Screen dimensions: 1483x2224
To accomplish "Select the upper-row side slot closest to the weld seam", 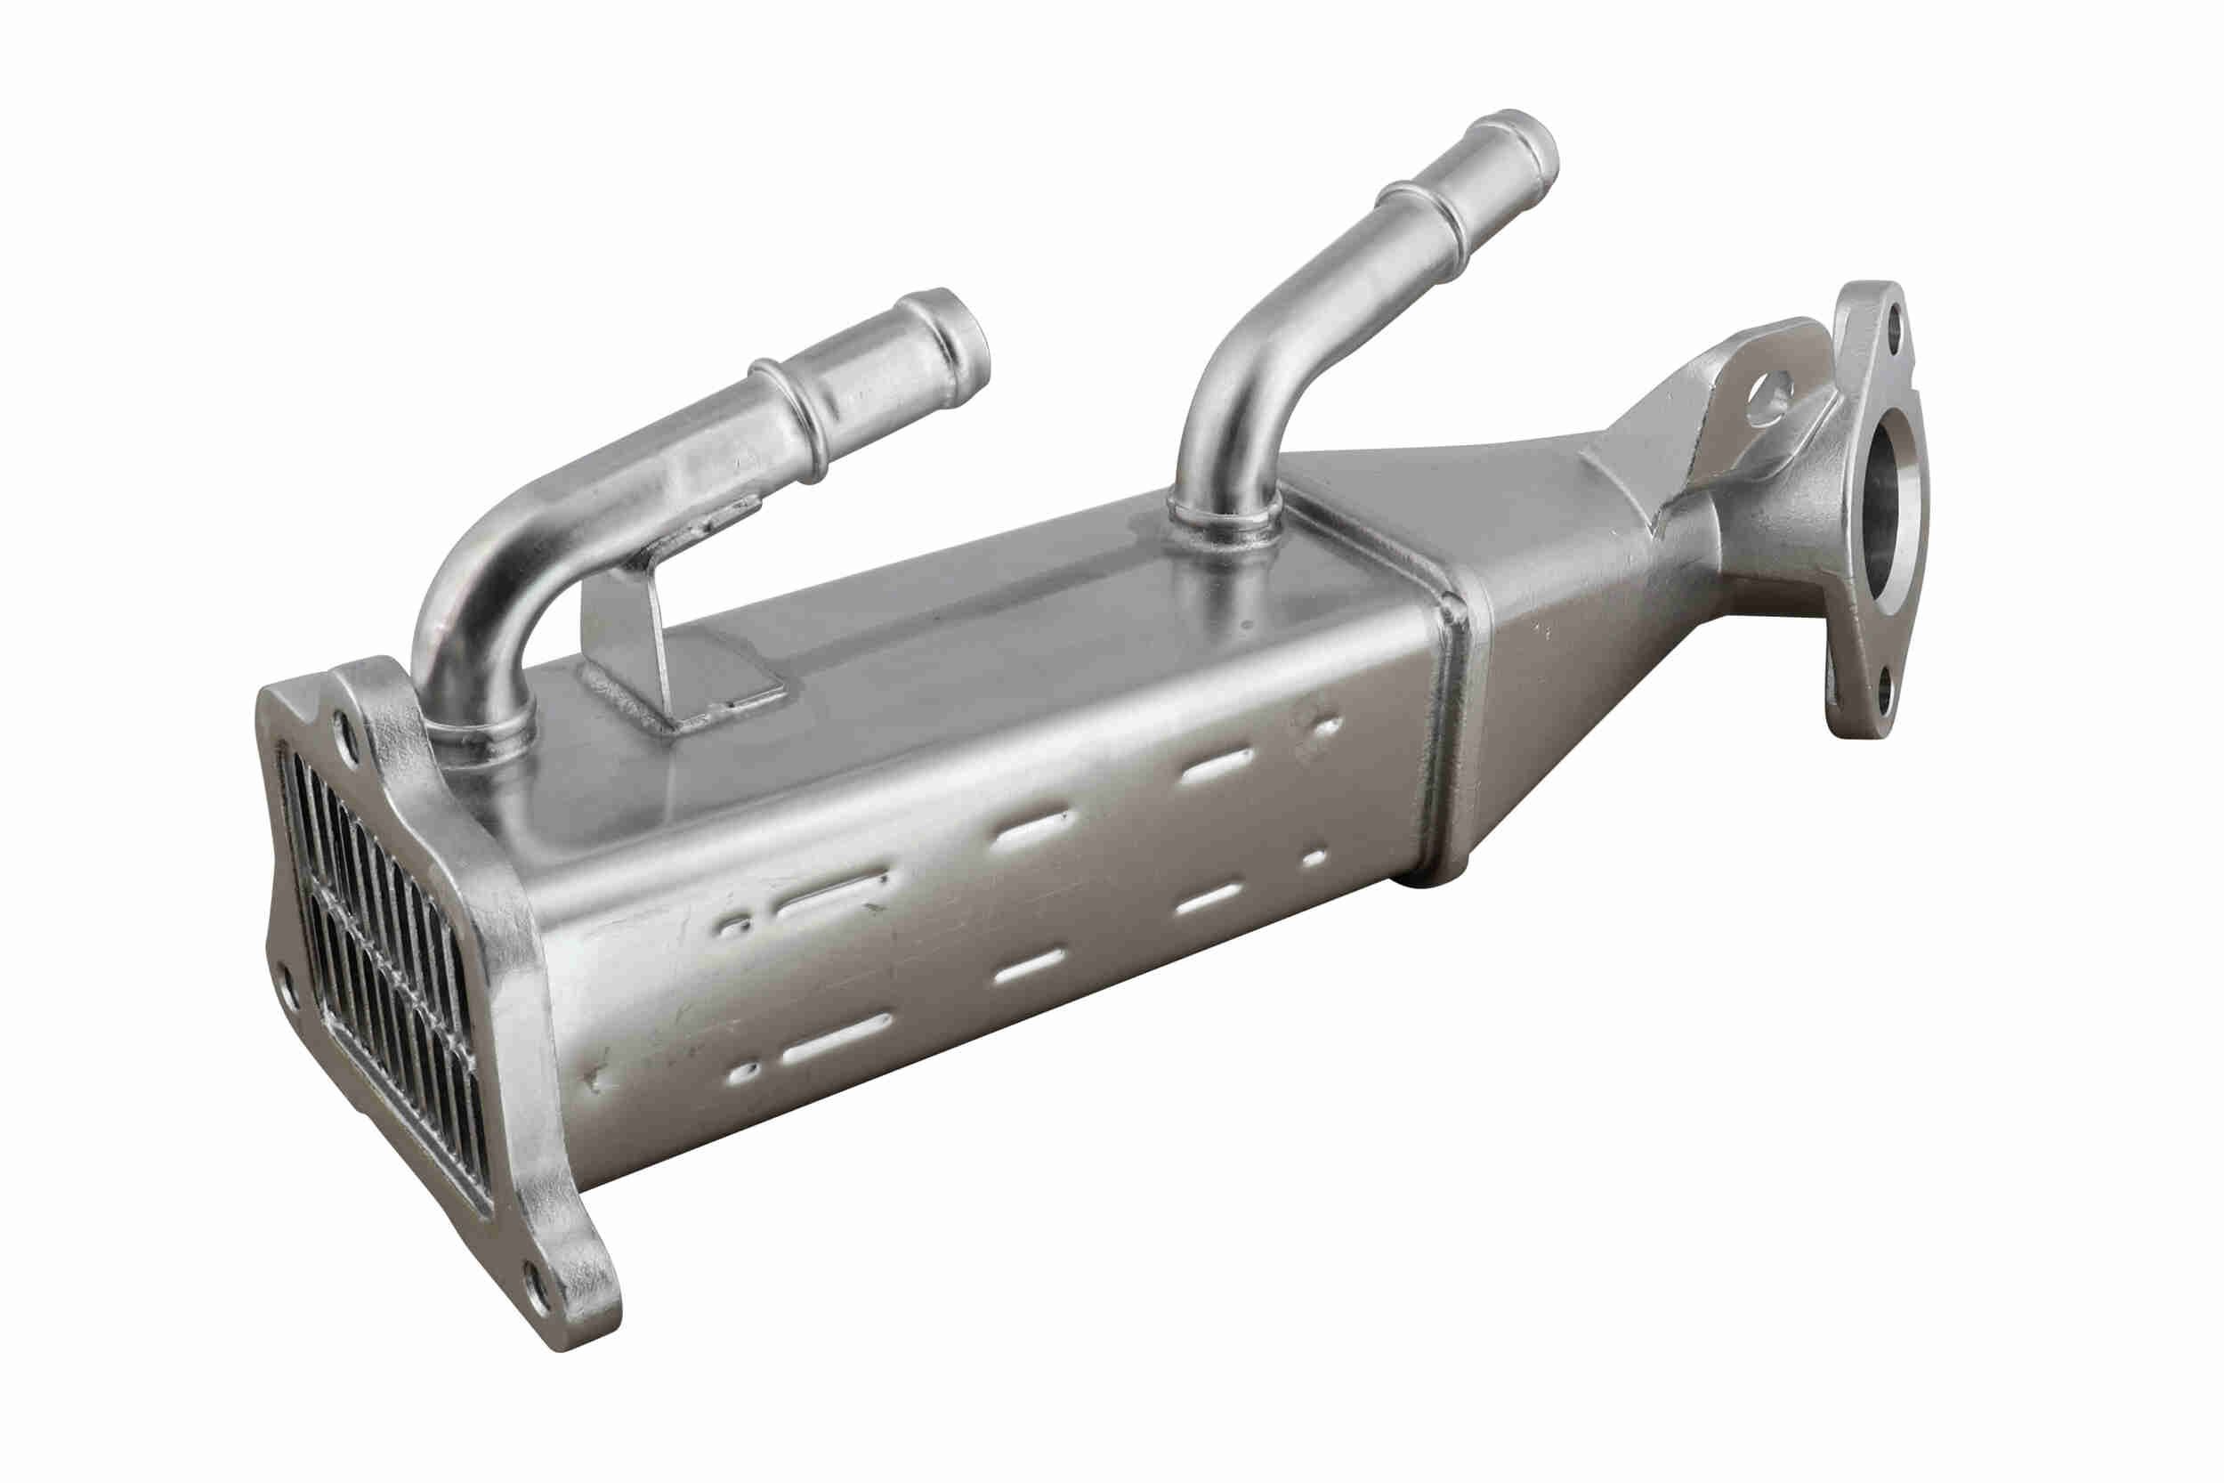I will (1217, 766).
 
